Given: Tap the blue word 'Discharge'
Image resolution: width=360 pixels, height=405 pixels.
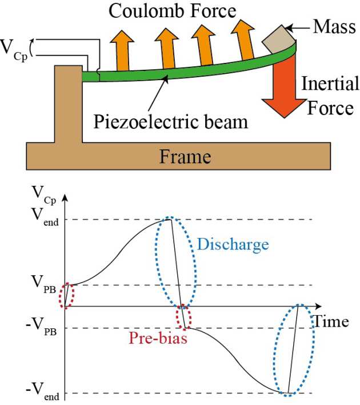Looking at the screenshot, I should pyautogui.click(x=233, y=245).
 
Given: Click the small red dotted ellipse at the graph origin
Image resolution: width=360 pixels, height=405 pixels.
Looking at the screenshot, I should pyautogui.click(x=67, y=296).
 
